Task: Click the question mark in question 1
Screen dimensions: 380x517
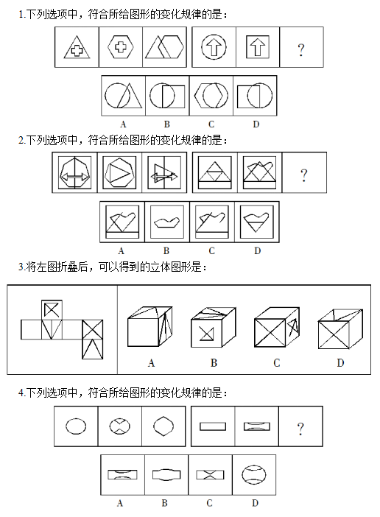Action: click(301, 50)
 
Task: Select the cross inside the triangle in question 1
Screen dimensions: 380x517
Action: click(77, 50)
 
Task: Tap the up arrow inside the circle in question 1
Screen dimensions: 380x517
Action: click(214, 47)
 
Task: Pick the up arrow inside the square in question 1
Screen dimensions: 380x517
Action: click(258, 47)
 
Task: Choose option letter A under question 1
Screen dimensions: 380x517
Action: click(123, 124)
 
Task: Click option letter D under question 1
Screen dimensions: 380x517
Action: click(256, 124)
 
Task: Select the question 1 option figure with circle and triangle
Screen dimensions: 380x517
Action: click(123, 96)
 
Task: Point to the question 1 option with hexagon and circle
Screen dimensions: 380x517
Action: click(211, 95)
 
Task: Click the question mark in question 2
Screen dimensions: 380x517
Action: click(304, 175)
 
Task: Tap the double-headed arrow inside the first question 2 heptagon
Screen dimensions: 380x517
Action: click(75, 177)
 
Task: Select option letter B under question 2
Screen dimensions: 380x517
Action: click(166, 251)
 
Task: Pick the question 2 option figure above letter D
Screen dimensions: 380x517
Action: click(257, 222)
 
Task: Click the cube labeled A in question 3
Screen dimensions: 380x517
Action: click(150, 326)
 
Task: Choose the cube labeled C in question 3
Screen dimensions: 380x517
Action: click(277, 327)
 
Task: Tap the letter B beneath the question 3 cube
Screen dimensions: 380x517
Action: click(214, 363)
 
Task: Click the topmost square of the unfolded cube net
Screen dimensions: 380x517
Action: click(52, 310)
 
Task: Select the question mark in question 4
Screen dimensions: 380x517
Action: click(300, 429)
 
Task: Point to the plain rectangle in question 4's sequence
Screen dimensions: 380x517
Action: click(213, 426)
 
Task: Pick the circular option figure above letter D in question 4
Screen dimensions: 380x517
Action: click(254, 475)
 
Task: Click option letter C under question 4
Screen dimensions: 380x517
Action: click(209, 503)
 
